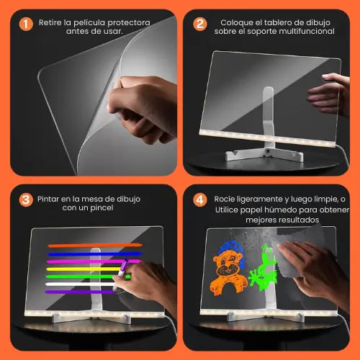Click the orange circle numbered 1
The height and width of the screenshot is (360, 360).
click(x=26, y=24)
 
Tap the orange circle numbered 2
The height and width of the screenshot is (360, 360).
click(x=200, y=24)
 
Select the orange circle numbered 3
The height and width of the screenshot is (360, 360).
click(x=26, y=200)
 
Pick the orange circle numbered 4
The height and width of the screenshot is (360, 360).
click(x=200, y=200)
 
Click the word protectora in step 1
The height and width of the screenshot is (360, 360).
click(x=129, y=23)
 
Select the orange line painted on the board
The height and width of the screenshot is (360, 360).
click(x=95, y=246)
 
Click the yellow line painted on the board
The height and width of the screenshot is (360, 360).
click(x=84, y=269)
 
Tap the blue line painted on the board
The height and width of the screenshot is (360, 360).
click(x=95, y=254)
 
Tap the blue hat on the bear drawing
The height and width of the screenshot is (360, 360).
click(x=232, y=251)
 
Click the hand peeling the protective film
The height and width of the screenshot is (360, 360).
click(x=142, y=108)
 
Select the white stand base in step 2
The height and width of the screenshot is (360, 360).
click(x=264, y=153)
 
